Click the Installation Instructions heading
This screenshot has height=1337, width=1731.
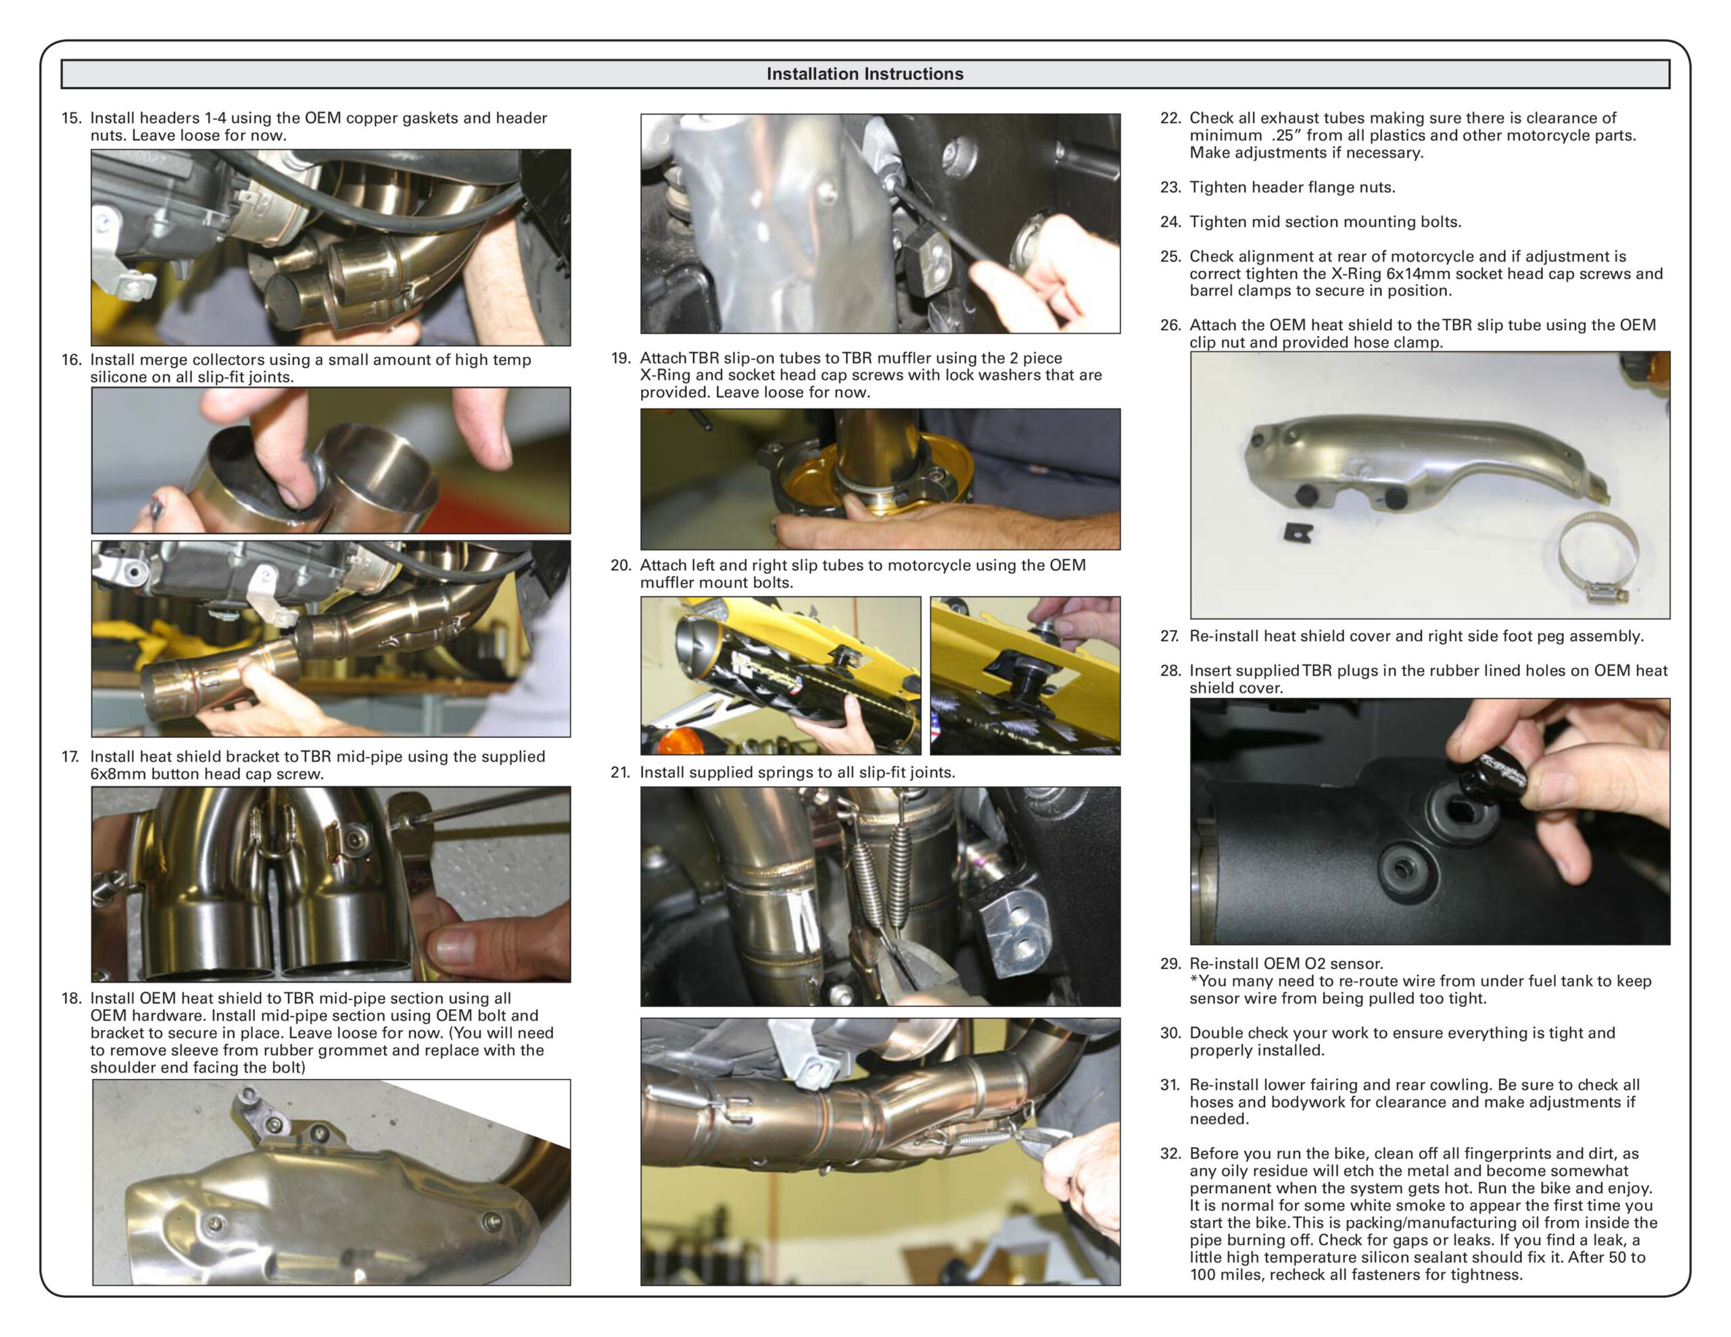click(x=864, y=74)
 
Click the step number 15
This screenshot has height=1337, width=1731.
click(x=71, y=118)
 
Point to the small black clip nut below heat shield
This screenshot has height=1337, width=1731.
click(x=1298, y=532)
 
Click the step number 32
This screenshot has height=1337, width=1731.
click(x=1170, y=1153)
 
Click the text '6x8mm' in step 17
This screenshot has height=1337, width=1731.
click(x=117, y=775)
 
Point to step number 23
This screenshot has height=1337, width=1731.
click(x=1170, y=188)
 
